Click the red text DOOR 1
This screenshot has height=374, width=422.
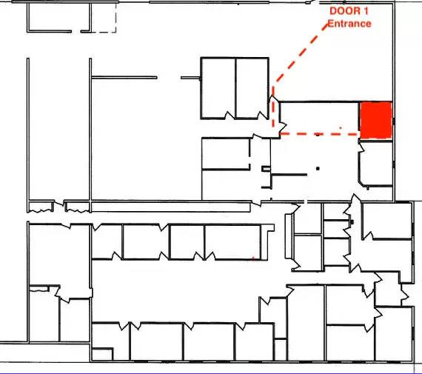point(349,12)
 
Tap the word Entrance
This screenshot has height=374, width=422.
point(349,24)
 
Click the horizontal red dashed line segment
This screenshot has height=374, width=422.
point(318,134)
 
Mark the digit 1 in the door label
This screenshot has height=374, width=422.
point(365,12)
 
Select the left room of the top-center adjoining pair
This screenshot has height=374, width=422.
point(218,87)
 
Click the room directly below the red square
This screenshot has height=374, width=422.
point(376,164)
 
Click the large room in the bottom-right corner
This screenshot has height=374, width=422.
point(393,333)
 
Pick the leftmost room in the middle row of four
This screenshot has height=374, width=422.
point(107,241)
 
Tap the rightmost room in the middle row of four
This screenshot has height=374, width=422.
point(232,241)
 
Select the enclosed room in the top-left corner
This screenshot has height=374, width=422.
point(58,17)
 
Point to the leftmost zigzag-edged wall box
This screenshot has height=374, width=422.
point(41,206)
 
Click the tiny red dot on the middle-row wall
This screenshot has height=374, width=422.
point(254,258)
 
